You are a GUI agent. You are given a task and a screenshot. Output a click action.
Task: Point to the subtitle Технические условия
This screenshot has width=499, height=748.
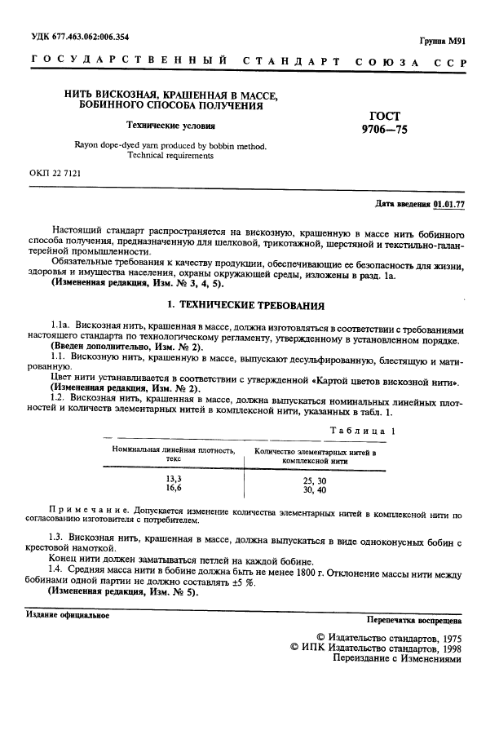pyautogui.click(x=170, y=126)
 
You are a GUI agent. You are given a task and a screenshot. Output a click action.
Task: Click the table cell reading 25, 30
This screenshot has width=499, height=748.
pyautogui.click(x=314, y=480)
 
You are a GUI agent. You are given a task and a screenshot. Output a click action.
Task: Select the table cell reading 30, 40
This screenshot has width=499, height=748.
pyautogui.click(x=314, y=489)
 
